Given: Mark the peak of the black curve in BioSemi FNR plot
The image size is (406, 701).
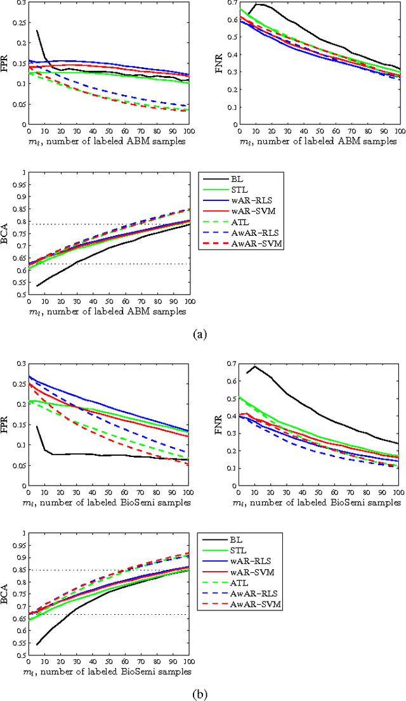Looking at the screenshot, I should coord(255,366).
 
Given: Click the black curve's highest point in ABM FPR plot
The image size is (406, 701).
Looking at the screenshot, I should coord(37,30).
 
